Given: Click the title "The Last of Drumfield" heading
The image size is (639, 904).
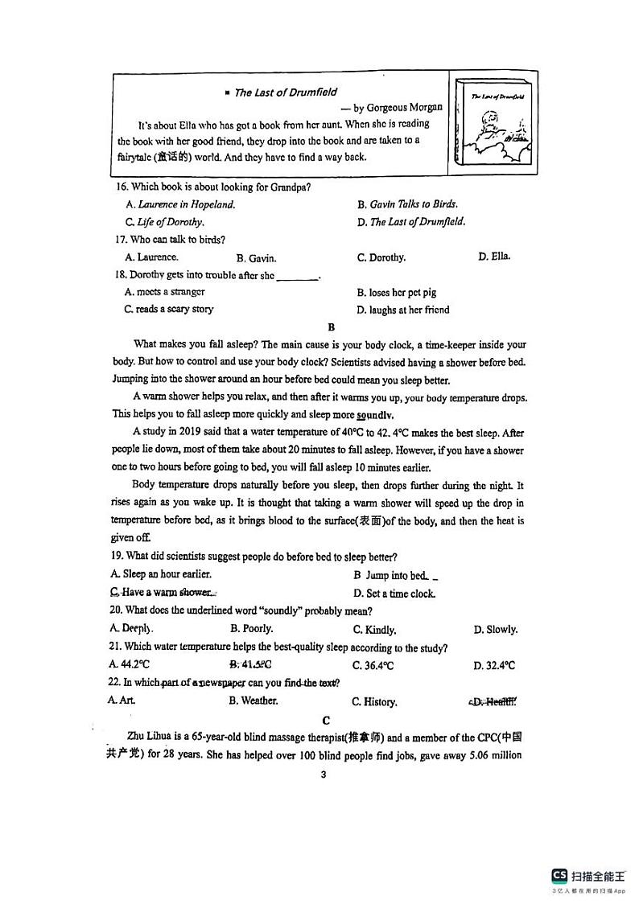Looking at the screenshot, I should (285, 92).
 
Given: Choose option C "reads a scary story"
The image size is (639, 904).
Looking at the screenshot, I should (169, 309).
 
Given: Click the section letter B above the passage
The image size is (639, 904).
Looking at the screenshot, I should (331, 327).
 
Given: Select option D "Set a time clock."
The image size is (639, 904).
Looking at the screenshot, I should (394, 594).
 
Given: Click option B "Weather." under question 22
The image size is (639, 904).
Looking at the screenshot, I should (254, 701).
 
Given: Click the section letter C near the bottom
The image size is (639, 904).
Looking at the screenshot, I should (325, 720).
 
